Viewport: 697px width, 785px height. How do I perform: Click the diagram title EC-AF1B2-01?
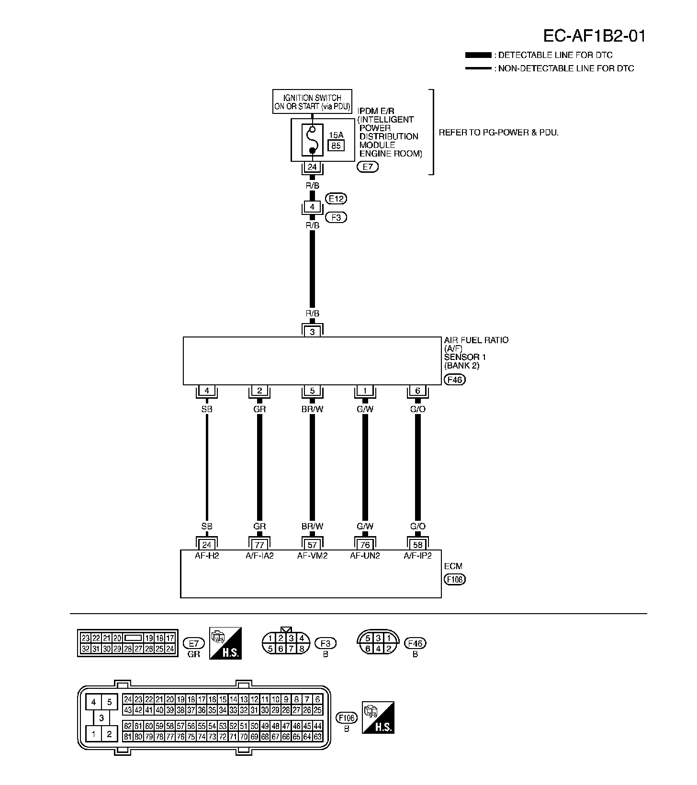pyautogui.click(x=594, y=36)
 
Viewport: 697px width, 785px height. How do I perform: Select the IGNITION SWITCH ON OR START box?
pyautogui.click(x=312, y=101)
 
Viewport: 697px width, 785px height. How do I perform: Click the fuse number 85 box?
pyautogui.click(x=336, y=146)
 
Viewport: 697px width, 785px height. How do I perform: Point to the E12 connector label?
pyautogui.click(x=336, y=199)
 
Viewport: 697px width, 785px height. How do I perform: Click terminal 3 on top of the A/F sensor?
pyautogui.click(x=312, y=332)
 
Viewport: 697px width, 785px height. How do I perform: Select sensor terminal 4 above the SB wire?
pyautogui.click(x=207, y=391)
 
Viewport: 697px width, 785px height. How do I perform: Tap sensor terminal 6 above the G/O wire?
pyautogui.click(x=417, y=391)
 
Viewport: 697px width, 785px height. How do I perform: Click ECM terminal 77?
pyautogui.click(x=259, y=545)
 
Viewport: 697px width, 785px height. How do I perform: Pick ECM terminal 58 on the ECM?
pyautogui.click(x=417, y=545)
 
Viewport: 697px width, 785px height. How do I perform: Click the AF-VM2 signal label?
pyautogui.click(x=312, y=556)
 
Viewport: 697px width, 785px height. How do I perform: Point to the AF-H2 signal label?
pyautogui.click(x=207, y=556)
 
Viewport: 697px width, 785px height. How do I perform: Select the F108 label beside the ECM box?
pyautogui.click(x=454, y=580)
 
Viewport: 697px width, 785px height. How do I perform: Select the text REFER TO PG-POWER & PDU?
pyautogui.click(x=498, y=133)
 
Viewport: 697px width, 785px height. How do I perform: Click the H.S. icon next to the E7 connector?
pyautogui.click(x=225, y=643)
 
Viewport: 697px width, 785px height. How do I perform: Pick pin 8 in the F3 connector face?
pyautogui.click(x=302, y=649)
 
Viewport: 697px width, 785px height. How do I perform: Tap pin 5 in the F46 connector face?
pyautogui.click(x=368, y=638)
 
